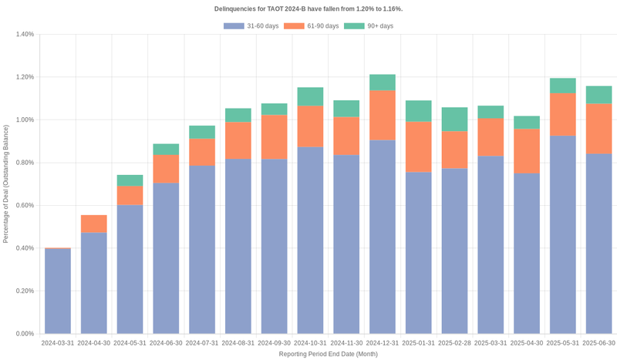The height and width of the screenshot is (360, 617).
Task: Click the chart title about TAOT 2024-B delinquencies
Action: (308, 8)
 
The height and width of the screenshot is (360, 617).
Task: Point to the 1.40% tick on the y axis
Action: (23, 35)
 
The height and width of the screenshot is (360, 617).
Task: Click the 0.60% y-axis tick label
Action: (23, 206)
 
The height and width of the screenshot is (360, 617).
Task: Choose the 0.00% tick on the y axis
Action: (23, 334)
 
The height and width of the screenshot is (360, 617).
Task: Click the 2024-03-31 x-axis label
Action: (58, 342)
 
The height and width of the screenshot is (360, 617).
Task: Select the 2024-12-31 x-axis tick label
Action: (383, 342)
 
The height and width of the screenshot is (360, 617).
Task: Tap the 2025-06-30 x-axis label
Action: (599, 342)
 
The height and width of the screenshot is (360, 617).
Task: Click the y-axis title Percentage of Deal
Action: (6, 183)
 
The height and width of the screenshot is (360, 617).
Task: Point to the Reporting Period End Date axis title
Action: (328, 354)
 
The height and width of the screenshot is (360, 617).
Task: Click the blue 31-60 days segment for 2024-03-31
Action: (58, 291)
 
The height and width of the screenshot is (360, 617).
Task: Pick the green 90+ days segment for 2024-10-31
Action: (311, 96)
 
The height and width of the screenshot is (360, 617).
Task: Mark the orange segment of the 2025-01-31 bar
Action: (419, 146)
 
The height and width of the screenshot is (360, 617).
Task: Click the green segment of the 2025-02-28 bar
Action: (455, 119)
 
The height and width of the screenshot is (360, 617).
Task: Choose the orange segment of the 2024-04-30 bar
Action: (94, 224)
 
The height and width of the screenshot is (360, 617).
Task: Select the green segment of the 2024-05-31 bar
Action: (130, 180)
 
